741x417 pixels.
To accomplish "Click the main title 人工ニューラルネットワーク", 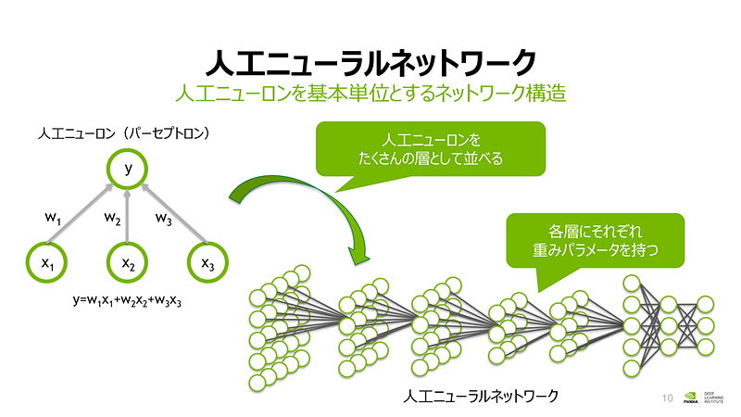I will coord(370,63).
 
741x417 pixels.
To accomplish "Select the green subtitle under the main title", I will coord(370,94).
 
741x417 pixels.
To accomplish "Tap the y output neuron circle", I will coord(128,169).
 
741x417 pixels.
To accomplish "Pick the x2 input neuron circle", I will coord(128,264).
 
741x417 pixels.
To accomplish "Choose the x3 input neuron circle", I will coord(208,264).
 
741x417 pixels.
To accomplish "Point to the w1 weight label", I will coord(53,218).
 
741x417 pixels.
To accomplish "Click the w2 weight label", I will coord(112,220).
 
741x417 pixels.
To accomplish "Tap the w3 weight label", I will coord(163,220).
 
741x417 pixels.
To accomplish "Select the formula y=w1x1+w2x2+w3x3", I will coord(127,302).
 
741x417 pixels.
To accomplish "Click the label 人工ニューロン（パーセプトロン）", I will coord(124,134).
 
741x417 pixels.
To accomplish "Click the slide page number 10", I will coord(668,398).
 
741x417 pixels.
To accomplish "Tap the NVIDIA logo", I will coord(691,398).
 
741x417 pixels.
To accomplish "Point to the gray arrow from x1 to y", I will coord(83,216).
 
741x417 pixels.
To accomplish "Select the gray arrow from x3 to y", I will coord(173,216).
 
